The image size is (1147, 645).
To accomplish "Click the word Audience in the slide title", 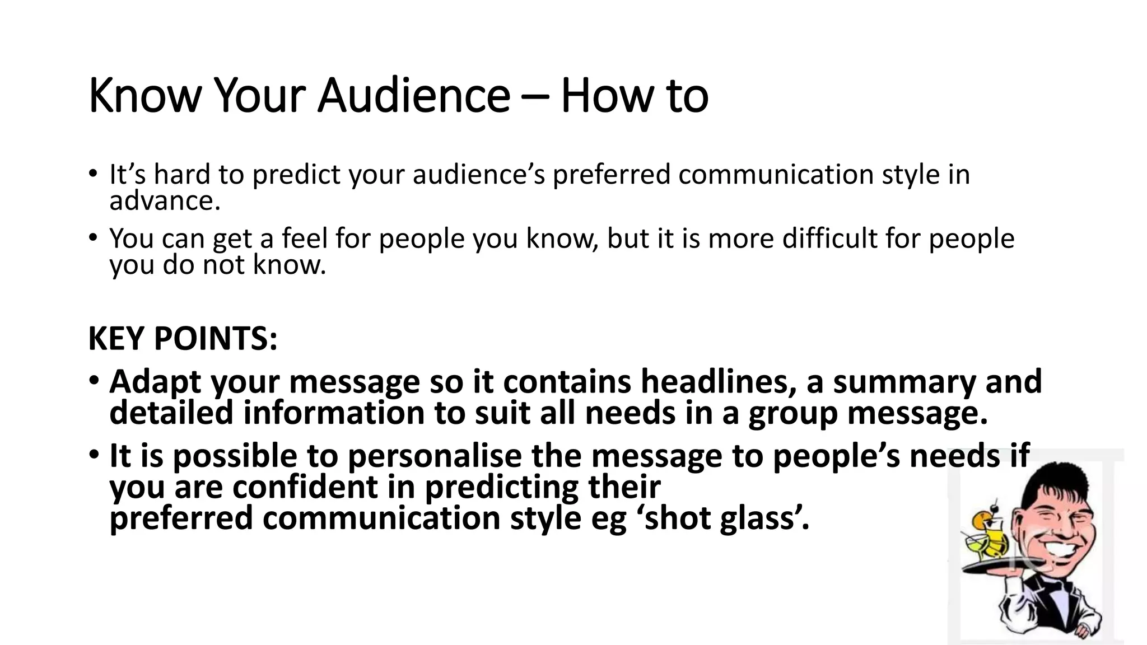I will click(x=413, y=95).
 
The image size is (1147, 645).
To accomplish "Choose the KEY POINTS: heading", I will click(x=183, y=339).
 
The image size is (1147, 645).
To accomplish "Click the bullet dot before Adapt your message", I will click(x=94, y=381).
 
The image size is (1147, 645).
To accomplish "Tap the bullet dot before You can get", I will click(x=94, y=237).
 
